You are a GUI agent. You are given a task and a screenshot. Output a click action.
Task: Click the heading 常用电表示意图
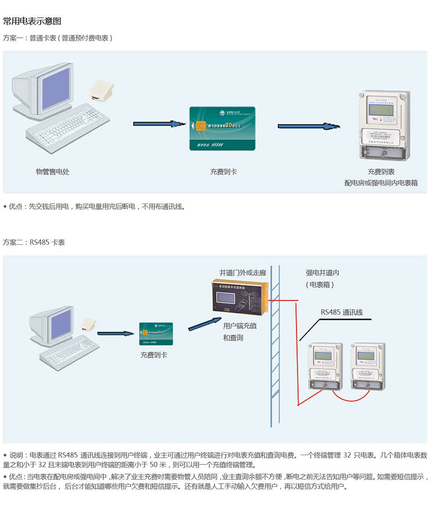[32, 21]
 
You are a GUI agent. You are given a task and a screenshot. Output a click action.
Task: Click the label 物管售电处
[53, 172]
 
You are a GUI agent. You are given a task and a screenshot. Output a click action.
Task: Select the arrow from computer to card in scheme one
[159, 124]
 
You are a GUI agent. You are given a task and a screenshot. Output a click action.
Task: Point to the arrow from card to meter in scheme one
[308, 127]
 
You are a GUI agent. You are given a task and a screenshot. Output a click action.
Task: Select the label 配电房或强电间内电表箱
[381, 183]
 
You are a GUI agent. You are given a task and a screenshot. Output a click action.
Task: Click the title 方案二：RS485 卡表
[34, 242]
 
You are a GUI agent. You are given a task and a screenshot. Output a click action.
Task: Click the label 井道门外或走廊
[243, 273]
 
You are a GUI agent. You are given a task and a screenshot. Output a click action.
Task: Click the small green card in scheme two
[156, 334]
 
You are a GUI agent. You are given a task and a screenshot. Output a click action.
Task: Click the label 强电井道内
[322, 273]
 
